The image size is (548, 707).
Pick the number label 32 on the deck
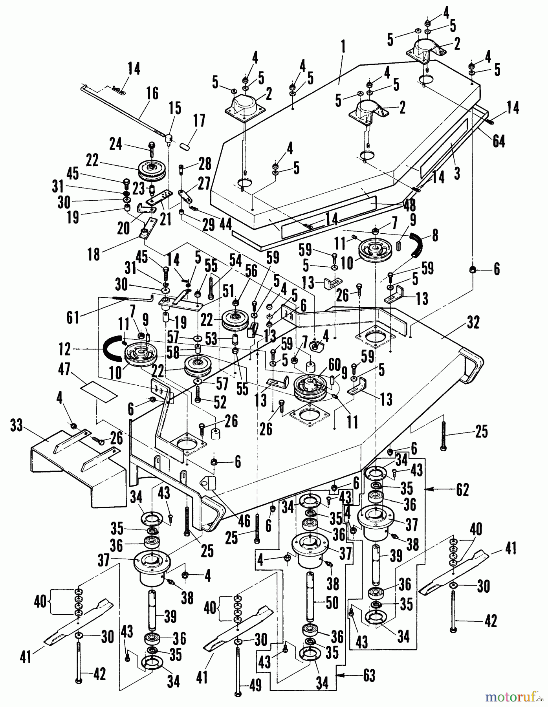473,323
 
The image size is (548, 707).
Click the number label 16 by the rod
152,94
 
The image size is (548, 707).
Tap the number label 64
499,141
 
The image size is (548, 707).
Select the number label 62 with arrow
462,490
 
